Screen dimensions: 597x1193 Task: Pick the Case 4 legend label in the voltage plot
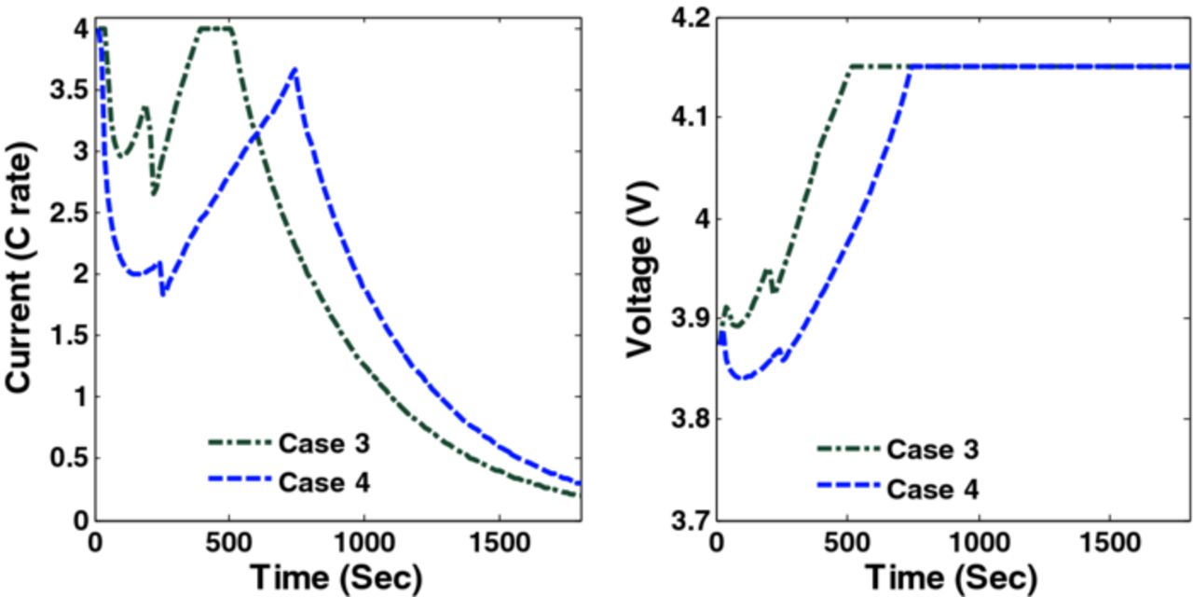click(932, 489)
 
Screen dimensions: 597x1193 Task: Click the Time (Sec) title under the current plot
click(336, 573)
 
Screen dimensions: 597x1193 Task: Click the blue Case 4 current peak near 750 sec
click(295, 69)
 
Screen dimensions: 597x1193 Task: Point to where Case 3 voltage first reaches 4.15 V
click(852, 66)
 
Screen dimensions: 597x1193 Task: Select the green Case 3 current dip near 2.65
click(154, 193)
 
